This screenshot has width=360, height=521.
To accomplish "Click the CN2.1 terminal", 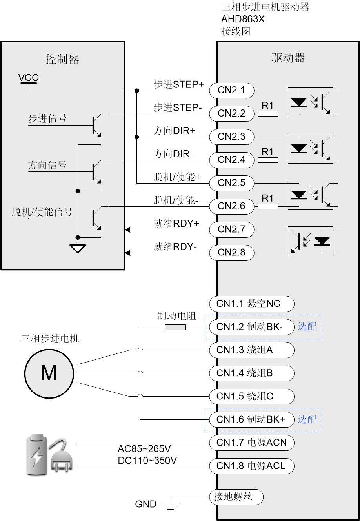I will tap(231, 90).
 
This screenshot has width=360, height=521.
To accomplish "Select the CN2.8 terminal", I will tap(231, 252).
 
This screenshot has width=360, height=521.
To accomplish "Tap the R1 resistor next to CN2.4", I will tap(268, 160).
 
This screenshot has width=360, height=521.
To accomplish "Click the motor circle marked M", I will tap(49, 373).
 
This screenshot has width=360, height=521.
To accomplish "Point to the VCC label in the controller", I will tap(28, 78).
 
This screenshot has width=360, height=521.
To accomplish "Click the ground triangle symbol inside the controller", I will tap(78, 248).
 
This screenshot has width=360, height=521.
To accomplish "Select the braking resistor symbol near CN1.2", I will tap(175, 327).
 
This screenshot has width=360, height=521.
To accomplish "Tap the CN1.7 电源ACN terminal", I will tap(251, 443).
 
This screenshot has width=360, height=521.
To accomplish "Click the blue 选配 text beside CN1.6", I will tap(307, 419).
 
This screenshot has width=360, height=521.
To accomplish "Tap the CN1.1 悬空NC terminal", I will tap(251, 303).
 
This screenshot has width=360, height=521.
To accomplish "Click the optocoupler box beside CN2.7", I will tap(310, 241).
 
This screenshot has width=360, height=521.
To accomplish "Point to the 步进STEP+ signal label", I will tap(179, 84).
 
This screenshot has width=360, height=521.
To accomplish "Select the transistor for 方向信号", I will tap(96, 171).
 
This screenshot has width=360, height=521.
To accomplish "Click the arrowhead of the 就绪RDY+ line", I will tap(127, 229).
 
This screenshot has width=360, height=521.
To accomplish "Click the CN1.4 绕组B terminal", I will tap(251, 373).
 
